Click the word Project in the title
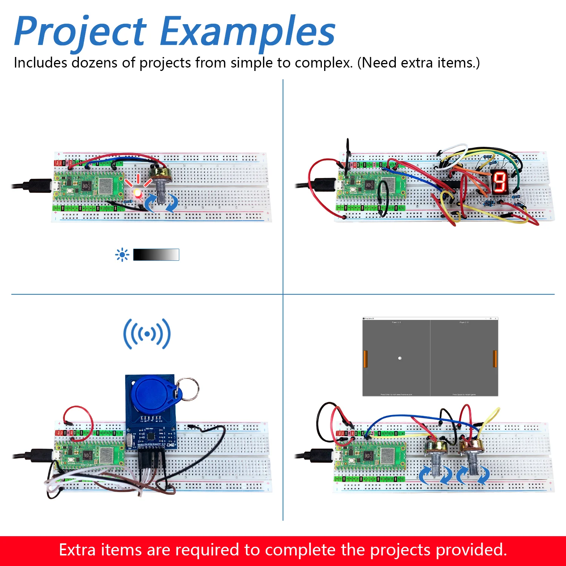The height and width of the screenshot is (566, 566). (80, 32)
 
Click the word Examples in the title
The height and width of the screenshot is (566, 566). (247, 32)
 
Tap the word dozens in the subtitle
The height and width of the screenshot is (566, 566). (94, 63)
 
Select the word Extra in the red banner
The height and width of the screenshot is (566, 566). (77, 550)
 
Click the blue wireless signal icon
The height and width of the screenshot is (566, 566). (147, 334)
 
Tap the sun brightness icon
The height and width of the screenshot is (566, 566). (122, 255)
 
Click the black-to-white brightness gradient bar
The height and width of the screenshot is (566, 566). (156, 255)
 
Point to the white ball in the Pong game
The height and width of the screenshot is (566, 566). (400, 358)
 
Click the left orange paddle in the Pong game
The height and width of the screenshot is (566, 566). (365, 359)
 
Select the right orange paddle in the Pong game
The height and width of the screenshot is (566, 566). (495, 359)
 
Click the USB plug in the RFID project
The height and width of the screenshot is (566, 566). (40, 455)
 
